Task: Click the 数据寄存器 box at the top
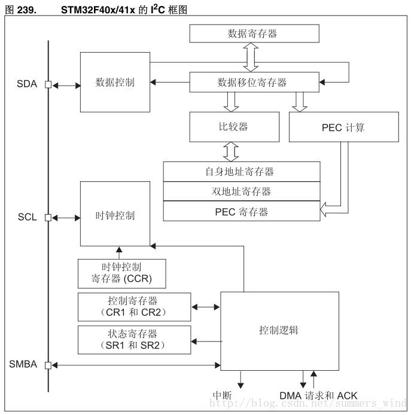pos(252,33)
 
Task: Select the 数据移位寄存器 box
pos(252,83)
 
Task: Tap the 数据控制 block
pos(115,82)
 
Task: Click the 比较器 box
pos(234,127)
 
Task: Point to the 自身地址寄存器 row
pos(242,172)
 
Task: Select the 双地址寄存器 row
pos(242,191)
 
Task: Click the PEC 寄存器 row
pos(242,212)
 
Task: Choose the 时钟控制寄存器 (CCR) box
pos(121,273)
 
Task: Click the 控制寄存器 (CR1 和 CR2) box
pos(135,307)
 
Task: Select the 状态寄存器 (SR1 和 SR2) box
pos(135,340)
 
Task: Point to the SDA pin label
pos(26,84)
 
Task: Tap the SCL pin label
pos(27,217)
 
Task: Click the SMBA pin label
pos(23,364)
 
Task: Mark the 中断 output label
pos(223,396)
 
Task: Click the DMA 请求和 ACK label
pos(318,396)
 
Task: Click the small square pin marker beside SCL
pos(48,217)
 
